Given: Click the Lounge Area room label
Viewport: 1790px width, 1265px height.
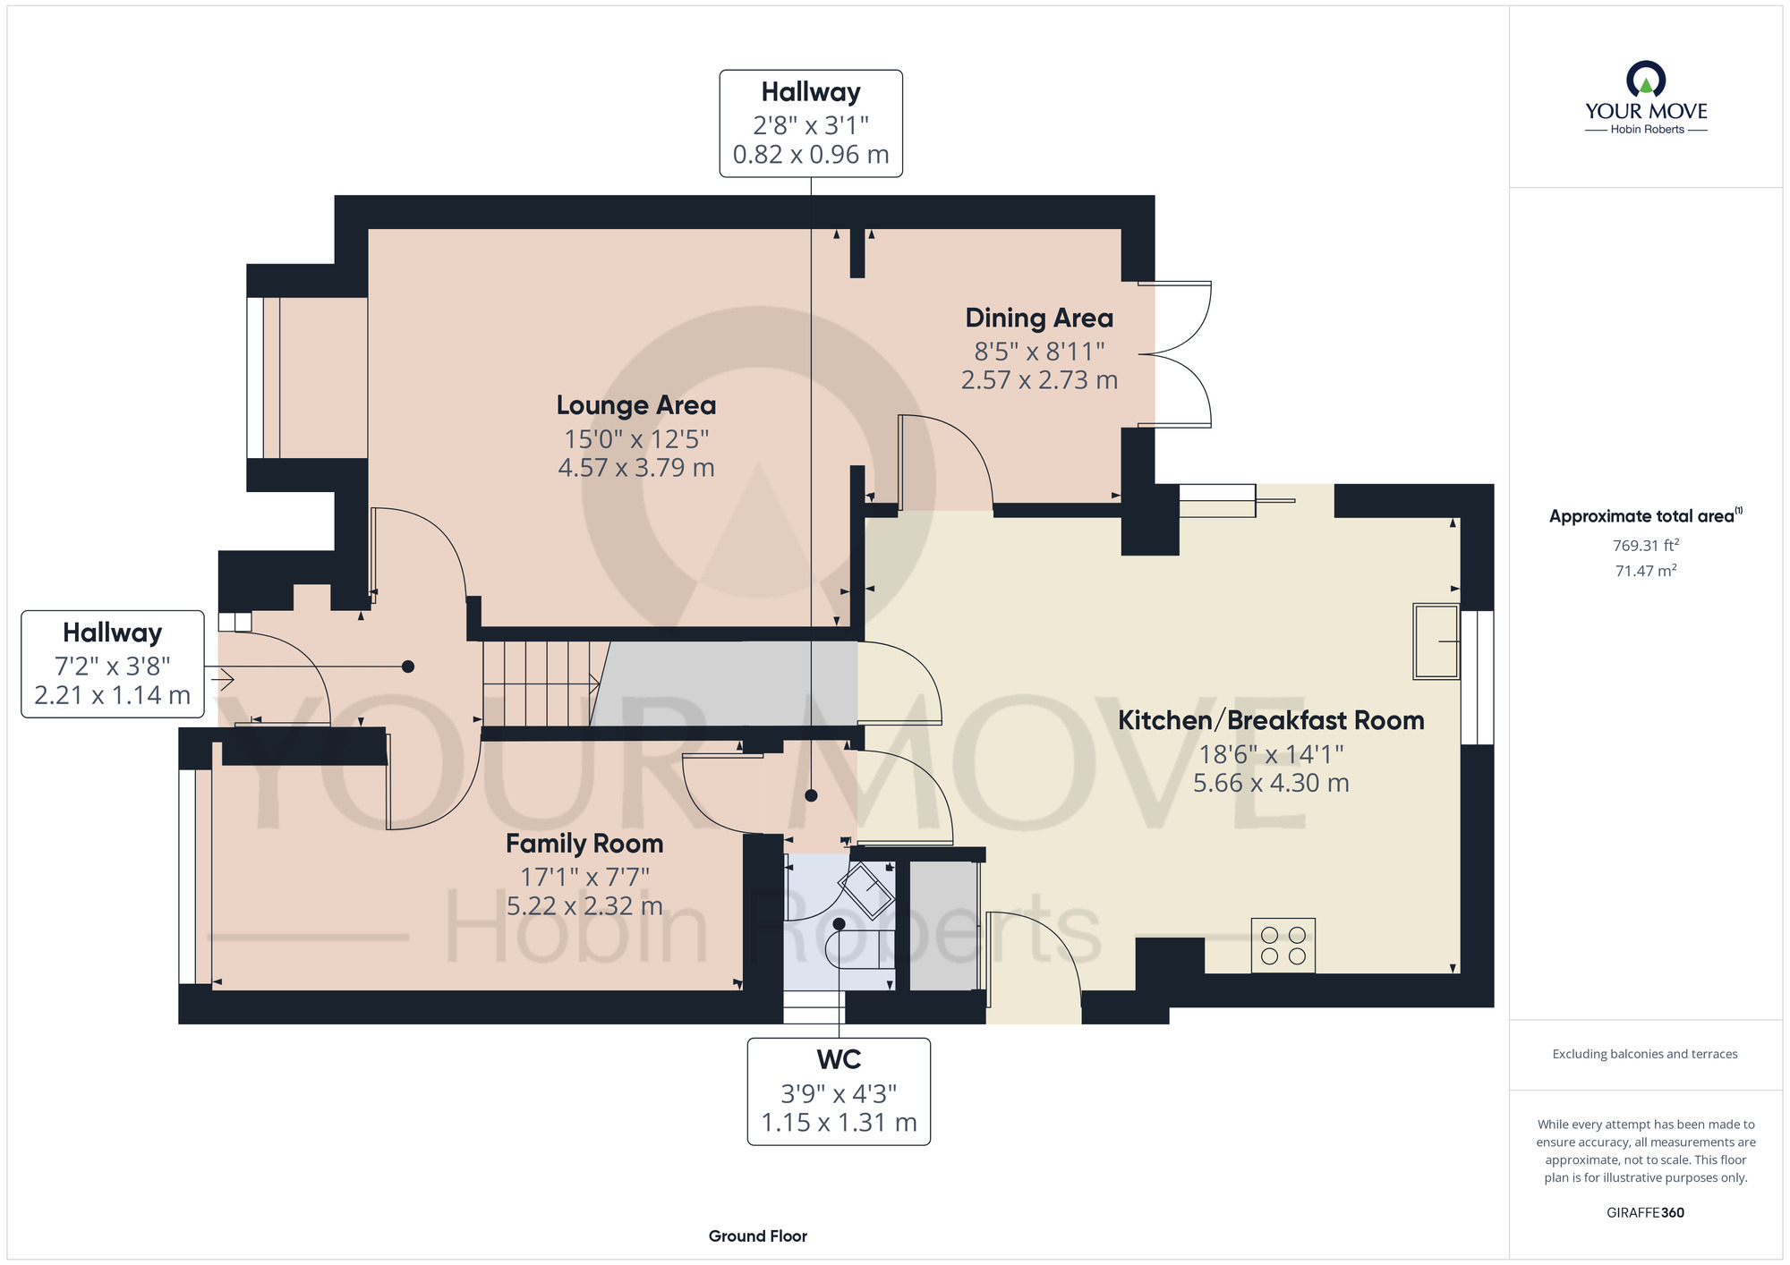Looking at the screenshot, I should click(x=636, y=405).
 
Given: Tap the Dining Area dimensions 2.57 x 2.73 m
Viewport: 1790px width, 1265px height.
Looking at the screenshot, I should click(x=1039, y=380).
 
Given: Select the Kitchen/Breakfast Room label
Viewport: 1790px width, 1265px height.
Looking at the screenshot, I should click(x=1271, y=720).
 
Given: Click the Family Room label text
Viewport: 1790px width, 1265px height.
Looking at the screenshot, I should click(x=584, y=844).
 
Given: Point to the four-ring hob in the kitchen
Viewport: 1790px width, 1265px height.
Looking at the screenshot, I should click(x=1283, y=946).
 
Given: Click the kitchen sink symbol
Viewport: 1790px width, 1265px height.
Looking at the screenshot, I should click(x=1436, y=641).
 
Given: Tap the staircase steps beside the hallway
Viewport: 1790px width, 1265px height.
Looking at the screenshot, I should click(x=537, y=683).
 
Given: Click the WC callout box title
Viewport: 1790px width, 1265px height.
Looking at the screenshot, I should click(x=839, y=1060).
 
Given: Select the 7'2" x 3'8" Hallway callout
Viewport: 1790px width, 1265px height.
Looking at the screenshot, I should click(x=113, y=665).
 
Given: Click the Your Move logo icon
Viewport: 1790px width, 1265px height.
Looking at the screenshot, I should click(x=1645, y=79).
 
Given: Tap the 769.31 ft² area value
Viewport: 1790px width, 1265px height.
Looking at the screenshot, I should click(x=1645, y=545).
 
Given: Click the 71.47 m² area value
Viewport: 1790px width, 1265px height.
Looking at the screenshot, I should click(x=1645, y=571).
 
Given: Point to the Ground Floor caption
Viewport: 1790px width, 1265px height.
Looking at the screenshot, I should click(x=757, y=1236).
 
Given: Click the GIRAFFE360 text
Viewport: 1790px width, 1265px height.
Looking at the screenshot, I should click(x=1645, y=1213).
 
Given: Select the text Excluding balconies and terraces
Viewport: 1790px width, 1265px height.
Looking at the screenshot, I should click(x=1645, y=1054).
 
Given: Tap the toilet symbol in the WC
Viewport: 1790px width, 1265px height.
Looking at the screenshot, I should click(x=857, y=948).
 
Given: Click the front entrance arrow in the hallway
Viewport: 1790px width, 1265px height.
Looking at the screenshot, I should click(x=222, y=680).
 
